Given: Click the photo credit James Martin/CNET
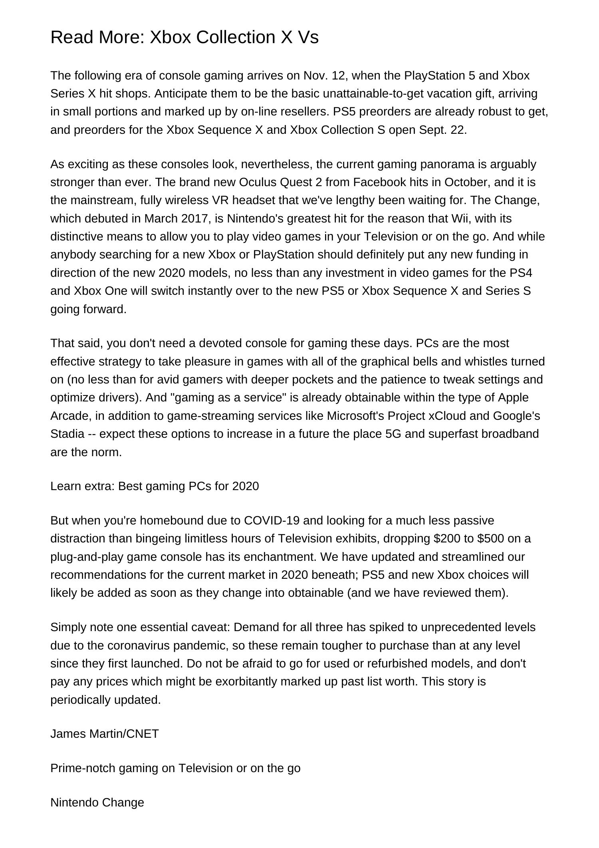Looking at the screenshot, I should point(105,734).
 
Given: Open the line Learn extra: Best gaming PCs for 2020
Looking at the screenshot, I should point(155,487).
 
